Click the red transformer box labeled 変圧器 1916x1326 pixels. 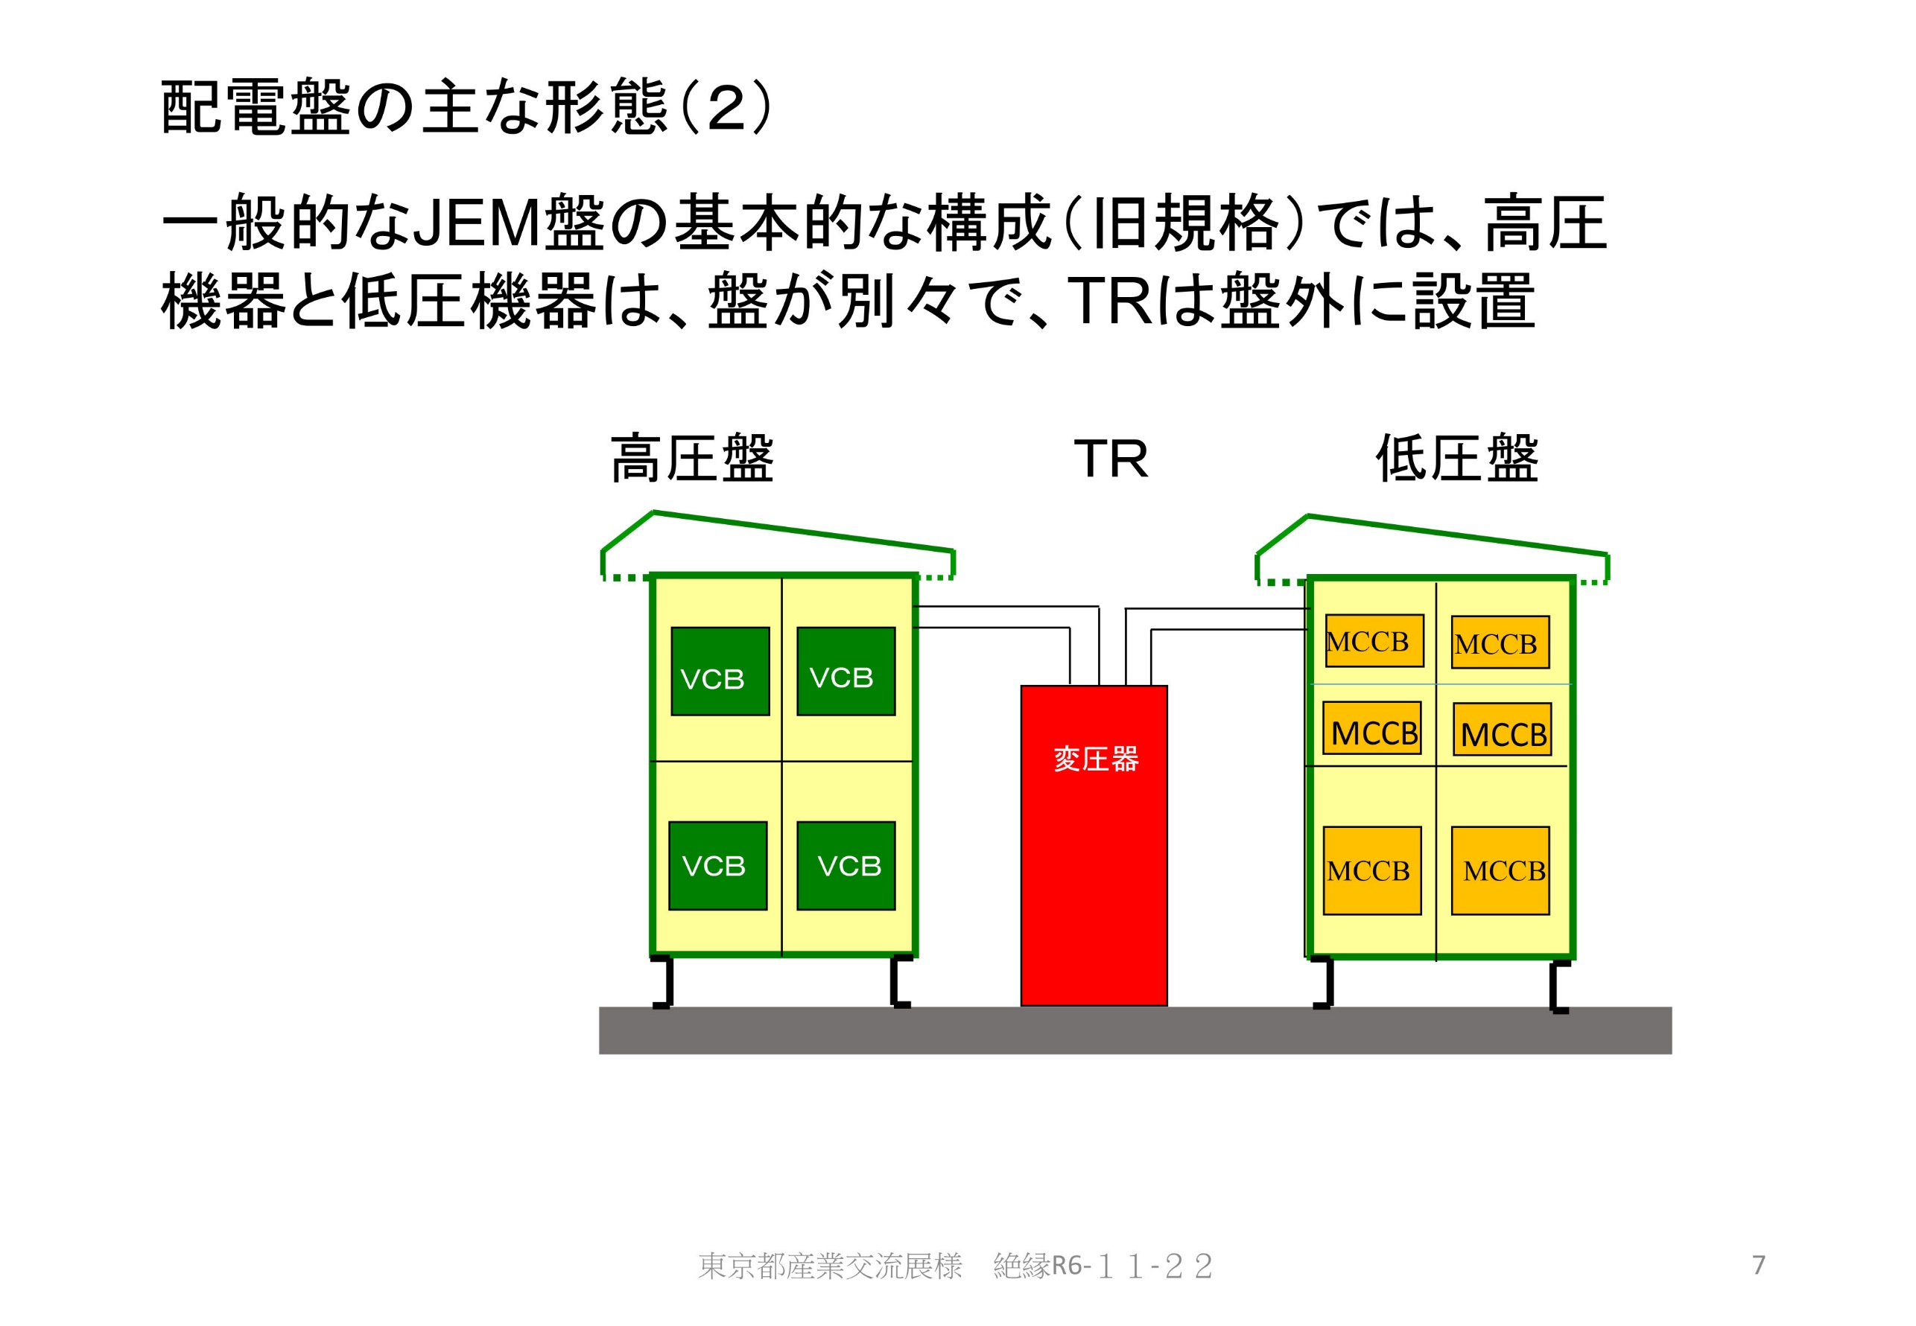pos(1093,844)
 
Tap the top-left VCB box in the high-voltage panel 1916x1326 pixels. pos(720,671)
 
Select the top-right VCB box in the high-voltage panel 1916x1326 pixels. pos(846,671)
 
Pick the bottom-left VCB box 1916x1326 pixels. pos(717,865)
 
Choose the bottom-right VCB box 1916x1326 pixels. pos(846,865)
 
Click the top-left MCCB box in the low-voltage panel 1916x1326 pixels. pos(1374,640)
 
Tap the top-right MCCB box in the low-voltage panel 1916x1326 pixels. pos(1500,641)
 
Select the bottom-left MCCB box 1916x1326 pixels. pos(1371,870)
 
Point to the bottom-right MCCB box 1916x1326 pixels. pos(1500,870)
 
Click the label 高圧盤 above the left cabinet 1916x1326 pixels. pos(691,458)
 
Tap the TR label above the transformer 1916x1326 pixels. pos(1111,459)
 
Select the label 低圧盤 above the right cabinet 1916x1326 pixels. pos(1456,458)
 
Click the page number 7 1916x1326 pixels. pos(1758,1264)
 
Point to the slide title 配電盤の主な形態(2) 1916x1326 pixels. pos(466,108)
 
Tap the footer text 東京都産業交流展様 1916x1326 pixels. pos(830,1266)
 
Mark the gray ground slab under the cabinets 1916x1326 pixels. pos(1135,1030)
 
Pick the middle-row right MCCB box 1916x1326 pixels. pos(1501,729)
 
